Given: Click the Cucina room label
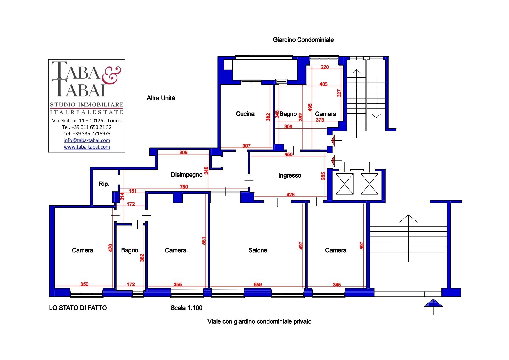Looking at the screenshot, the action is pyautogui.click(x=245, y=114).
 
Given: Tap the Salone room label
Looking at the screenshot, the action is pyautogui.click(x=258, y=250).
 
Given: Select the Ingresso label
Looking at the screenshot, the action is pyautogui.click(x=290, y=176).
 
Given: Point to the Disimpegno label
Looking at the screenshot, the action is pyautogui.click(x=186, y=175).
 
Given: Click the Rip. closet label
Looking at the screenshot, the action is pyautogui.click(x=104, y=184).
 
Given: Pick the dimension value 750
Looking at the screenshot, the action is pyautogui.click(x=184, y=187).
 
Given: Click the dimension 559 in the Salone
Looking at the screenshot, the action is pyautogui.click(x=258, y=285).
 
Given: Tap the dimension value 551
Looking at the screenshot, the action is pyautogui.click(x=204, y=241).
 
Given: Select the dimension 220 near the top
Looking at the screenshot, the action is pyautogui.click(x=325, y=67).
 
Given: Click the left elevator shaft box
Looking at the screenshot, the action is pyautogui.click(x=345, y=184).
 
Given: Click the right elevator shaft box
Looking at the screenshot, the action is pyautogui.click(x=369, y=184).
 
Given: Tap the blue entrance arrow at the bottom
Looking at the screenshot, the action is pyautogui.click(x=433, y=303).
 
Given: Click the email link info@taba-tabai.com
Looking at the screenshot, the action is pyautogui.click(x=87, y=140).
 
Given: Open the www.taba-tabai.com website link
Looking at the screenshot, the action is pyautogui.click(x=87, y=147).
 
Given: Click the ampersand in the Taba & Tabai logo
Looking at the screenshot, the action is pyautogui.click(x=111, y=75).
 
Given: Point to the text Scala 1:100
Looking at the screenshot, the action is pyautogui.click(x=186, y=308).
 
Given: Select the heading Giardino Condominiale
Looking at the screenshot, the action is pyautogui.click(x=303, y=40).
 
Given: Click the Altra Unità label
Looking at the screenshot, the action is pyautogui.click(x=161, y=98).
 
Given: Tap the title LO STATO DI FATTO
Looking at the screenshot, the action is pyautogui.click(x=78, y=308).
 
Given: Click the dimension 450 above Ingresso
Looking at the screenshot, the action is pyautogui.click(x=288, y=155).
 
